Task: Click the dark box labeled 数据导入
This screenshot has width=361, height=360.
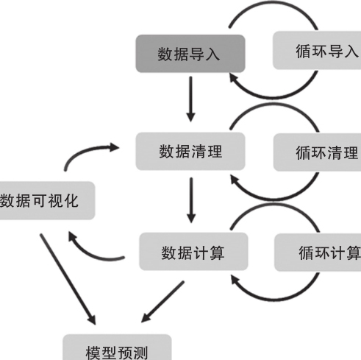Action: click(x=190, y=54)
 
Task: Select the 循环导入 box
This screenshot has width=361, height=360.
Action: click(x=317, y=51)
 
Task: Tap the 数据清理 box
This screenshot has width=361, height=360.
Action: click(x=190, y=151)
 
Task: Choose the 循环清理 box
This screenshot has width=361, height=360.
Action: click(x=317, y=152)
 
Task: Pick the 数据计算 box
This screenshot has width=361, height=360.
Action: click(x=193, y=252)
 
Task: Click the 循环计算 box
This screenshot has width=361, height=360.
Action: click(x=318, y=253)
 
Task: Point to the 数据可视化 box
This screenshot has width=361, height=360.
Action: click(x=47, y=200)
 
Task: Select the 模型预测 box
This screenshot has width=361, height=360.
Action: click(x=117, y=347)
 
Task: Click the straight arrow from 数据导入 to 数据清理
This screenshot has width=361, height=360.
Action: click(x=190, y=99)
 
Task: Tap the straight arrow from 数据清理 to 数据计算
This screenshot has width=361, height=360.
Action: click(x=191, y=200)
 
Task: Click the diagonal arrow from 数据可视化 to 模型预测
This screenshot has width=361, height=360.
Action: click(x=68, y=279)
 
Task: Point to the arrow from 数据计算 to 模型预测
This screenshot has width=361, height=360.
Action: click(x=162, y=302)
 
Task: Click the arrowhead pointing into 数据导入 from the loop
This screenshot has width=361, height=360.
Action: click(x=234, y=78)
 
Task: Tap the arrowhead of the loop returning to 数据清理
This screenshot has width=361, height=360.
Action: click(x=235, y=180)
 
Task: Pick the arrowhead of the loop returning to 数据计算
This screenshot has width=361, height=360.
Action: click(x=235, y=280)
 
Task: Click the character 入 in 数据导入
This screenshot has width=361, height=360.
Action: click(x=212, y=54)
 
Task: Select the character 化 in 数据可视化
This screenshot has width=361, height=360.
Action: click(x=71, y=200)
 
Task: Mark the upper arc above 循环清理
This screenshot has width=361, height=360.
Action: click(x=274, y=105)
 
